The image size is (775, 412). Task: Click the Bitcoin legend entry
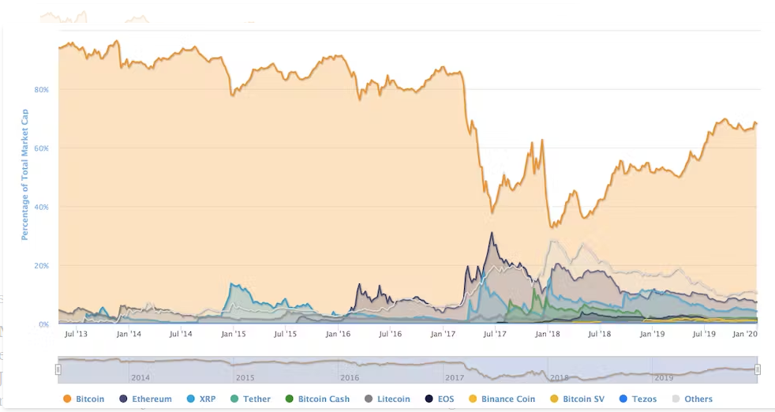84,399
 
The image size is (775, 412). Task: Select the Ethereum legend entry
145,399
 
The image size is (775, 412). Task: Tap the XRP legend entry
202,399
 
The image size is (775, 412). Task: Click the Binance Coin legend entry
502,399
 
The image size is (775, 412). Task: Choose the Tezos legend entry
638,399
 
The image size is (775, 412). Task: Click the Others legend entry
692,399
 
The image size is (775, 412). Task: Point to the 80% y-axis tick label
41,90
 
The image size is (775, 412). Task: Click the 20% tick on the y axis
41,266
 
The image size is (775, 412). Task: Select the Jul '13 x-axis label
77,335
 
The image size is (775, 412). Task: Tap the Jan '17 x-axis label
443,335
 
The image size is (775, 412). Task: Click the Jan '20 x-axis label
745,335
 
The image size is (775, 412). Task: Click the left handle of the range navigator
58,369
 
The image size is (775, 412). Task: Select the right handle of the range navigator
758,369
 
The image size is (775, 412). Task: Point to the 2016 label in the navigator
350,378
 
